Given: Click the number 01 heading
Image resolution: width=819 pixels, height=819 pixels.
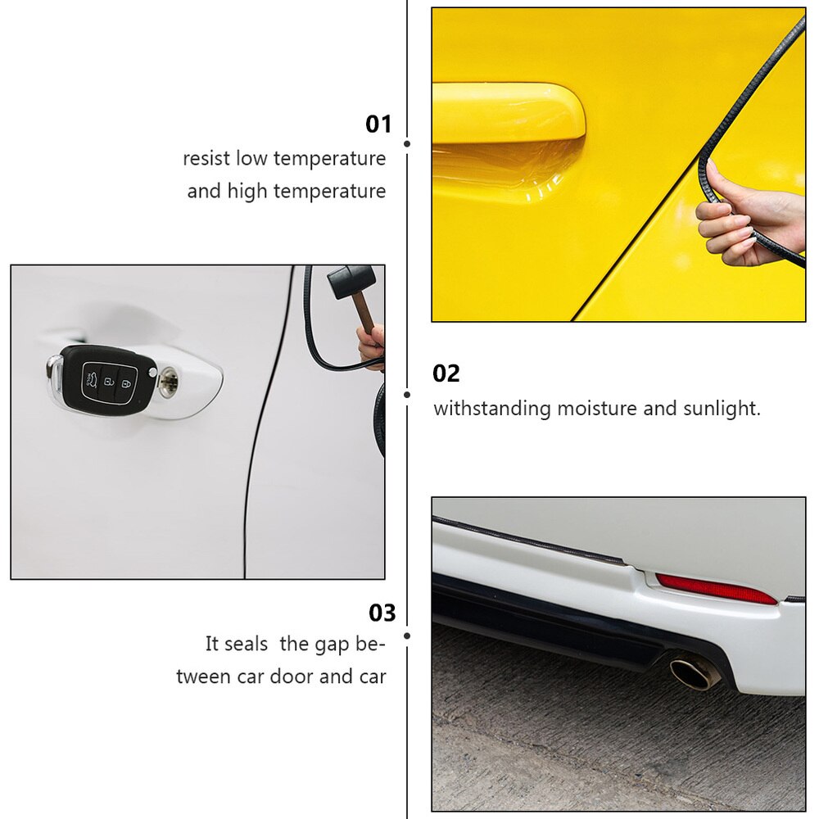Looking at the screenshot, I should point(378,124).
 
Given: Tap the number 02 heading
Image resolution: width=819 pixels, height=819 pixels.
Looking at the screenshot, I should point(446,373).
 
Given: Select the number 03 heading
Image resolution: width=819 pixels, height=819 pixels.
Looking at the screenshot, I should point(382,613).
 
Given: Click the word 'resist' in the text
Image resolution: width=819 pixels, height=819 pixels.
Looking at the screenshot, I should point(206,158).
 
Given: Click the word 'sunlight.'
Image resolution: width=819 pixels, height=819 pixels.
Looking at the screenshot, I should point(722,408).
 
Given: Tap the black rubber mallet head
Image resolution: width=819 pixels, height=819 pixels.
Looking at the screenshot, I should point(351,282).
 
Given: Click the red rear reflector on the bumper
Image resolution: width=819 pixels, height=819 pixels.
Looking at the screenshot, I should point(715,588).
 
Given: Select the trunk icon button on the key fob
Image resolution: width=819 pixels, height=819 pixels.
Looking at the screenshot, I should point(95,379).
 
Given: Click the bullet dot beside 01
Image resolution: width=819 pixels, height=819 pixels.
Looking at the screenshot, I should point(407,143).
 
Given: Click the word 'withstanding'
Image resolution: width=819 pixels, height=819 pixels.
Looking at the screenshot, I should point(491,408).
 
